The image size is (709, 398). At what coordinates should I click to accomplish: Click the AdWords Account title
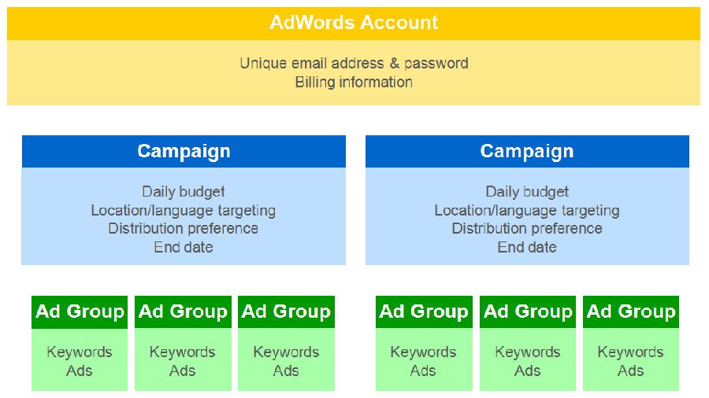point(354,23)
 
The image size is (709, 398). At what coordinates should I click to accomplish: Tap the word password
point(437,63)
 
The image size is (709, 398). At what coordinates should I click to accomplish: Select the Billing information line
point(354,82)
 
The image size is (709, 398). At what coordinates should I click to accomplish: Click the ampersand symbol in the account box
point(394,63)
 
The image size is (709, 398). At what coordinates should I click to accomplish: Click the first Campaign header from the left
point(184,151)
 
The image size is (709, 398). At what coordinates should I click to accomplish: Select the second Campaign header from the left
point(527,151)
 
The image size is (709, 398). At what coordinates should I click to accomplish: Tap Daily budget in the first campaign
point(184,191)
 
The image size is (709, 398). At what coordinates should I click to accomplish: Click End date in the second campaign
point(527,247)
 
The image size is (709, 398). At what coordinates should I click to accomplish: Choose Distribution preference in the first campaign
point(184,228)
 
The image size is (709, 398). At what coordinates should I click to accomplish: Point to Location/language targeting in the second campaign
point(527,210)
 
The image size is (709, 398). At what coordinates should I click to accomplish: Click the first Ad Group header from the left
point(80,311)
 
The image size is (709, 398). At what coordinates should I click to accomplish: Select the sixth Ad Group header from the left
point(631,311)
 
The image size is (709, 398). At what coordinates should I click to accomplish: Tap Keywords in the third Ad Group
point(286,352)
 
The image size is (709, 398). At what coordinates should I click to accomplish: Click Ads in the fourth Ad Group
point(424,370)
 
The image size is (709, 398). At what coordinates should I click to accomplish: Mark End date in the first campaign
point(184,247)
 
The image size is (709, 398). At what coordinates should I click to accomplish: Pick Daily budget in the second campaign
point(527,191)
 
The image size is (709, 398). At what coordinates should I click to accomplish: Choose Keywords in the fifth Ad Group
point(528,352)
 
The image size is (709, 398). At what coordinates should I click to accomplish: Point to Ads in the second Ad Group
point(183,370)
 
